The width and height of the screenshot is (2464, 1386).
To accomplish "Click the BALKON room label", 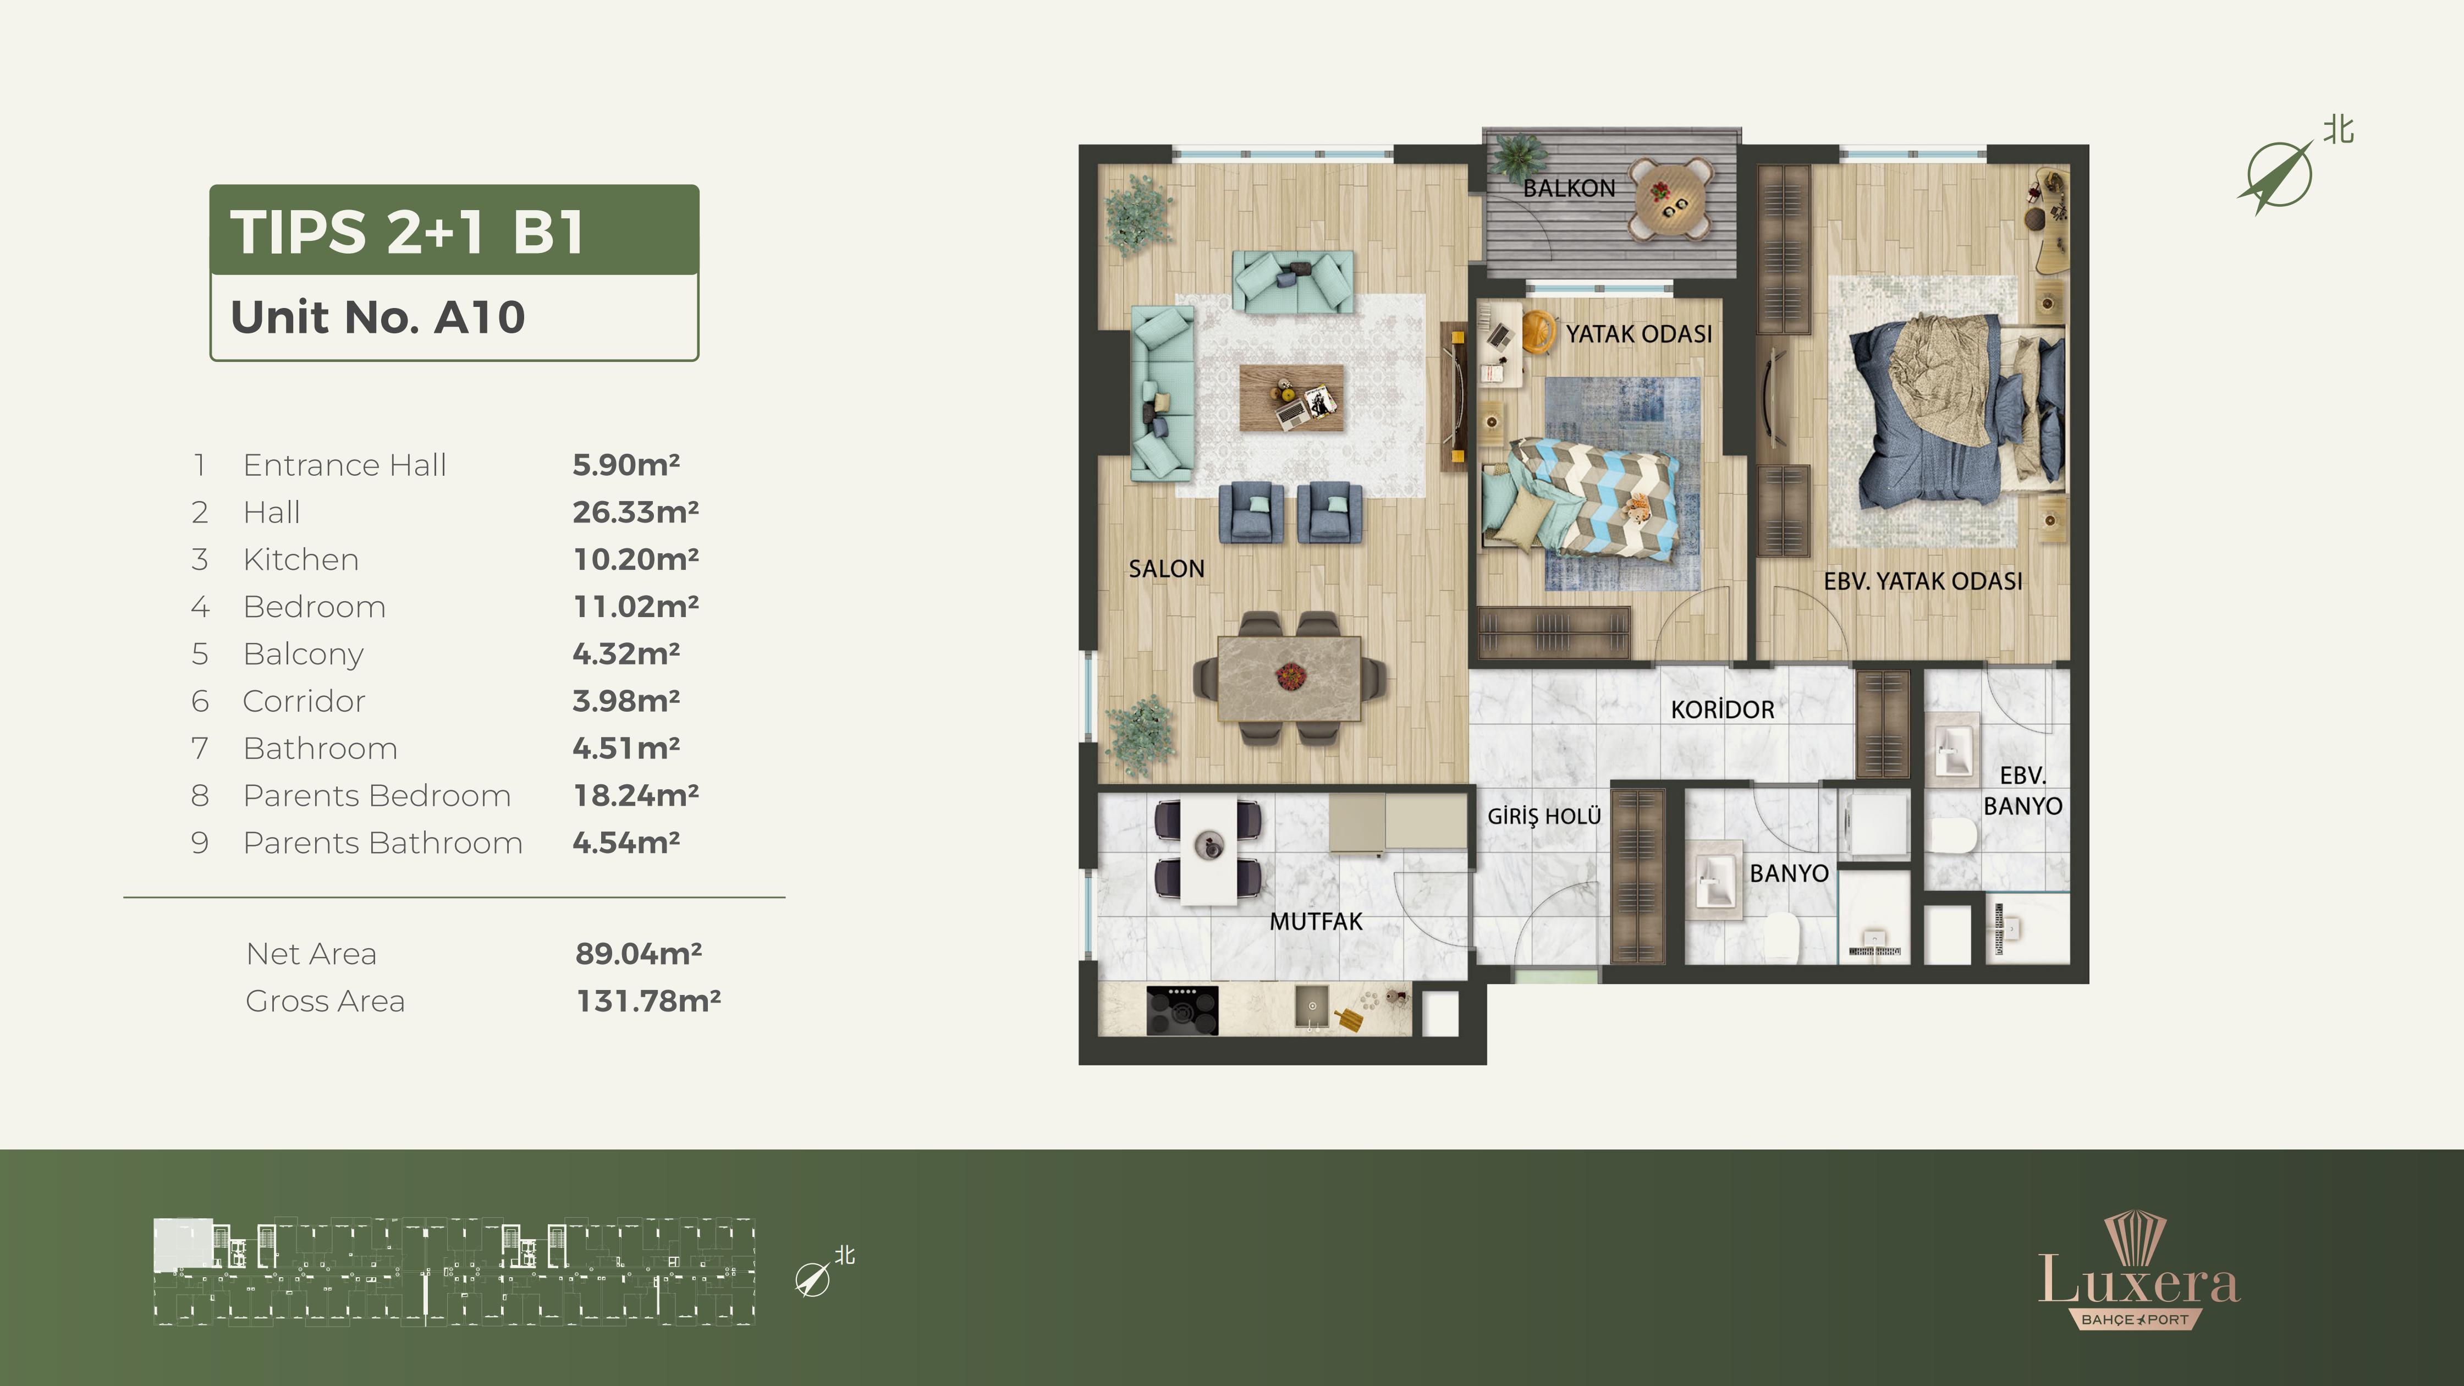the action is coord(1569,189).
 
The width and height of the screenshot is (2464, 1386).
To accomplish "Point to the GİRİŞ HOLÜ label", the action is coord(1544,816).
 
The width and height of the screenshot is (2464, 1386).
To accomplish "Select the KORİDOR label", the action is coord(1722,710).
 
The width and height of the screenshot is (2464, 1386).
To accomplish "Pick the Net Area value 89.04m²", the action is coord(638,954).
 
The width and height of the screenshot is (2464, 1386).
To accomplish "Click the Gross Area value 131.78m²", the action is coord(647,1000).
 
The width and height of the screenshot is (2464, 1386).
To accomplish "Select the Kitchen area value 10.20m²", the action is coord(635,559).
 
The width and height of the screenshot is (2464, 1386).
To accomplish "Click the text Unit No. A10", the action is coord(378,317).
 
